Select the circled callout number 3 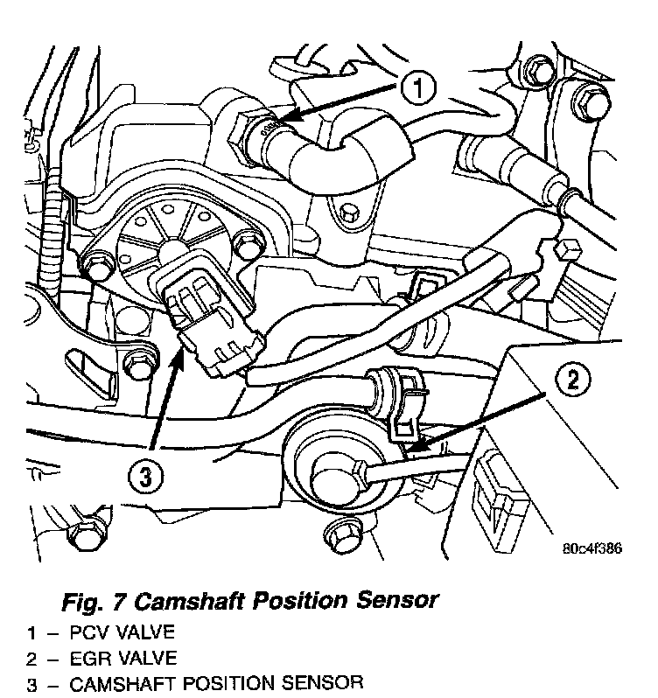tap(147, 478)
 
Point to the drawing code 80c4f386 tap(591, 549)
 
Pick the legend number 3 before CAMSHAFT tap(31, 682)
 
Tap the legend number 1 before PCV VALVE tap(31, 632)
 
